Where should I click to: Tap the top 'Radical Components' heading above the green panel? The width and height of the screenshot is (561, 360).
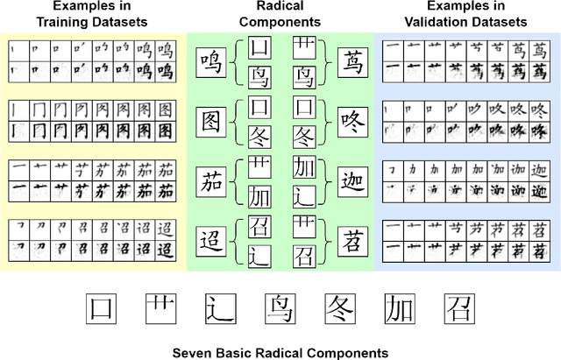pos(280,14)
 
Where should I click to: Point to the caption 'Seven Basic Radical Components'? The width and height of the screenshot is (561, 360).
pos(280,351)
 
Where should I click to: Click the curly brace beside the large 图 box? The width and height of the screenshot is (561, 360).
pos(237,121)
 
